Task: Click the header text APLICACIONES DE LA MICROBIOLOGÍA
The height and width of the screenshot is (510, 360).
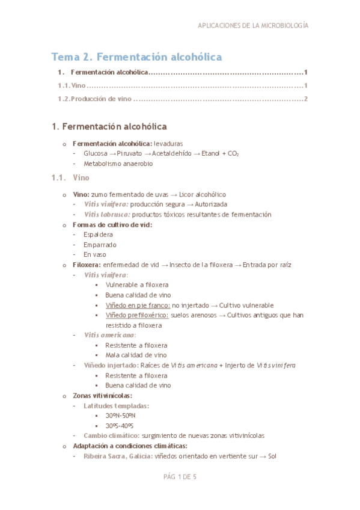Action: tap(253, 26)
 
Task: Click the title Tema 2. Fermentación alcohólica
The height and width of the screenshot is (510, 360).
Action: tap(136, 57)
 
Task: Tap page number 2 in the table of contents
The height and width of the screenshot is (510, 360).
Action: tap(306, 99)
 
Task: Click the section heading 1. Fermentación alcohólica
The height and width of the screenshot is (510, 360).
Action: tap(109, 127)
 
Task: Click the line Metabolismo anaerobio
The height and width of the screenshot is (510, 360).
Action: tap(118, 163)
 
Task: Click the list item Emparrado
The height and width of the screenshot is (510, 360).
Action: tap(100, 244)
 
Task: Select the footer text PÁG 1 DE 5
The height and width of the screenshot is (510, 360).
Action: tap(180, 477)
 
